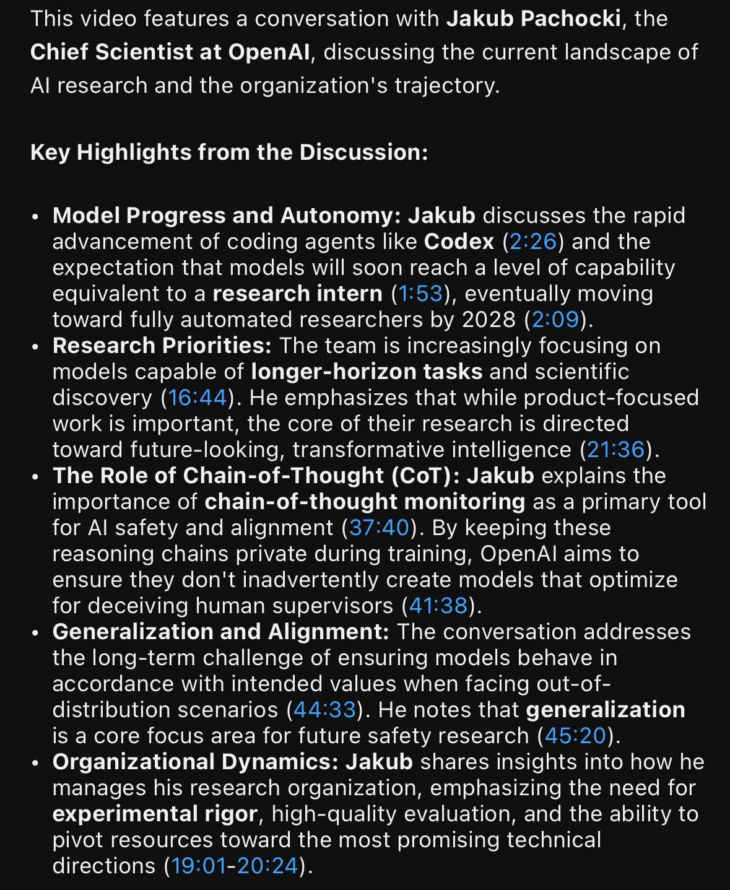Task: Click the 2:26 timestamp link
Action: coord(532,242)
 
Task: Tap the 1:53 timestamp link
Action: coord(420,294)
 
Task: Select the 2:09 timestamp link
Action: coord(555,320)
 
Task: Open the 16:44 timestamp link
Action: coord(198,398)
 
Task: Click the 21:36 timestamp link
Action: coord(615,450)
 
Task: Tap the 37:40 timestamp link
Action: coord(380,528)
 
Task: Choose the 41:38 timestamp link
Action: coord(438,606)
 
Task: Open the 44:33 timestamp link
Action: coord(324,710)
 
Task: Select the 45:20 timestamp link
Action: coord(575,736)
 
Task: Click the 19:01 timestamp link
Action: coord(199,866)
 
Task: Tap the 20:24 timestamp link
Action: coord(267,866)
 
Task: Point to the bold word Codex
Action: coord(459,242)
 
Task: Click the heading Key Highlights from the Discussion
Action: coord(229,152)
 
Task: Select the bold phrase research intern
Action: coord(297,294)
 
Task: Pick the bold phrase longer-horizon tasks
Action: coord(367,372)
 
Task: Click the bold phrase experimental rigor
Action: coord(155,814)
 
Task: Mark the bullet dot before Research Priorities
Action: coord(36,347)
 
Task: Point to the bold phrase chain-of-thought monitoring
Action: coord(365,502)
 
